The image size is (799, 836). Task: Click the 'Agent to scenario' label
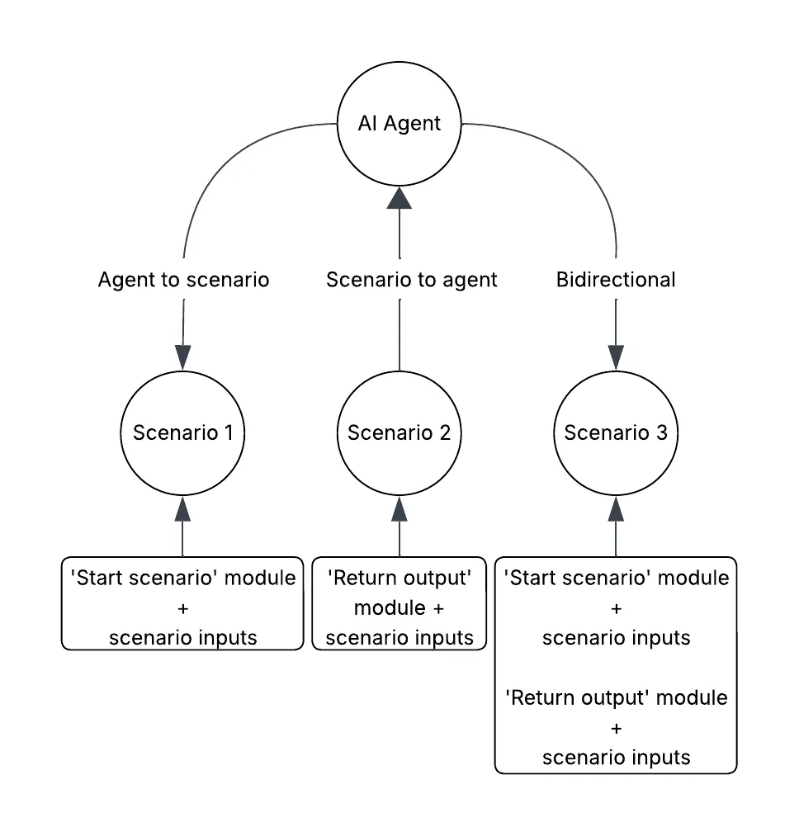[183, 280]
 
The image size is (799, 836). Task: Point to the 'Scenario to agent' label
[411, 280]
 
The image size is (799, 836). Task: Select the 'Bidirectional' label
[616, 280]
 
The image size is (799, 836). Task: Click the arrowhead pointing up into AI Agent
[399, 198]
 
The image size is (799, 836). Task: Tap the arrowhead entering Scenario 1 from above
[183, 357]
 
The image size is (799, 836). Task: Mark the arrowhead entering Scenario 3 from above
[616, 357]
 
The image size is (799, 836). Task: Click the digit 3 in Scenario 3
[661, 433]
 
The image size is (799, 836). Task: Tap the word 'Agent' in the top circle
[412, 125]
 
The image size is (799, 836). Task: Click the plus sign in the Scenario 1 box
[183, 608]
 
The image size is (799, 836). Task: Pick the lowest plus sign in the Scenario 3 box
[616, 728]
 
